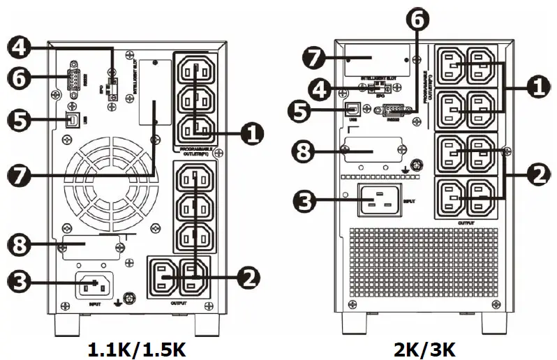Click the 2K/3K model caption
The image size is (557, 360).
coord(425,347)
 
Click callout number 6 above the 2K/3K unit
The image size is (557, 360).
coord(418,20)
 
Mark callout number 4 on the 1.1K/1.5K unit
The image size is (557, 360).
coord(20,47)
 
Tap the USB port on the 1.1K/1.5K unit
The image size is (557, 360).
coord(70,119)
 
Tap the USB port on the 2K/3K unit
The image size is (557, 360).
coord(353,109)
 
